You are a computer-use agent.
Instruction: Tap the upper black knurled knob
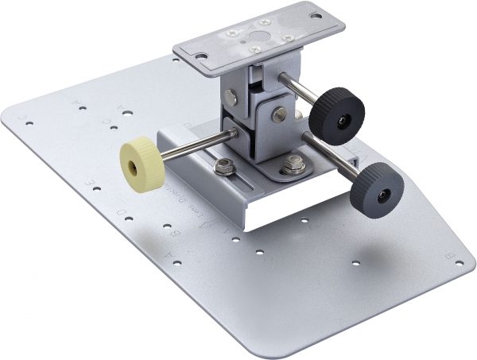point(336,114)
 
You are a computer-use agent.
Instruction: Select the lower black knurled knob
point(377,188)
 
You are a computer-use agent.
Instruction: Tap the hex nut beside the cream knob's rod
point(225,167)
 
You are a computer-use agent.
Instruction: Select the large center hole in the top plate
point(255,36)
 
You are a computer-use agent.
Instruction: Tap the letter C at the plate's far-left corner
point(29,122)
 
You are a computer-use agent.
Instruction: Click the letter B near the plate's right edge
point(451,256)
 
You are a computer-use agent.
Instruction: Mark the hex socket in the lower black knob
point(383,193)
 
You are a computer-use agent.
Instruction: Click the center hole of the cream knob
point(140,161)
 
